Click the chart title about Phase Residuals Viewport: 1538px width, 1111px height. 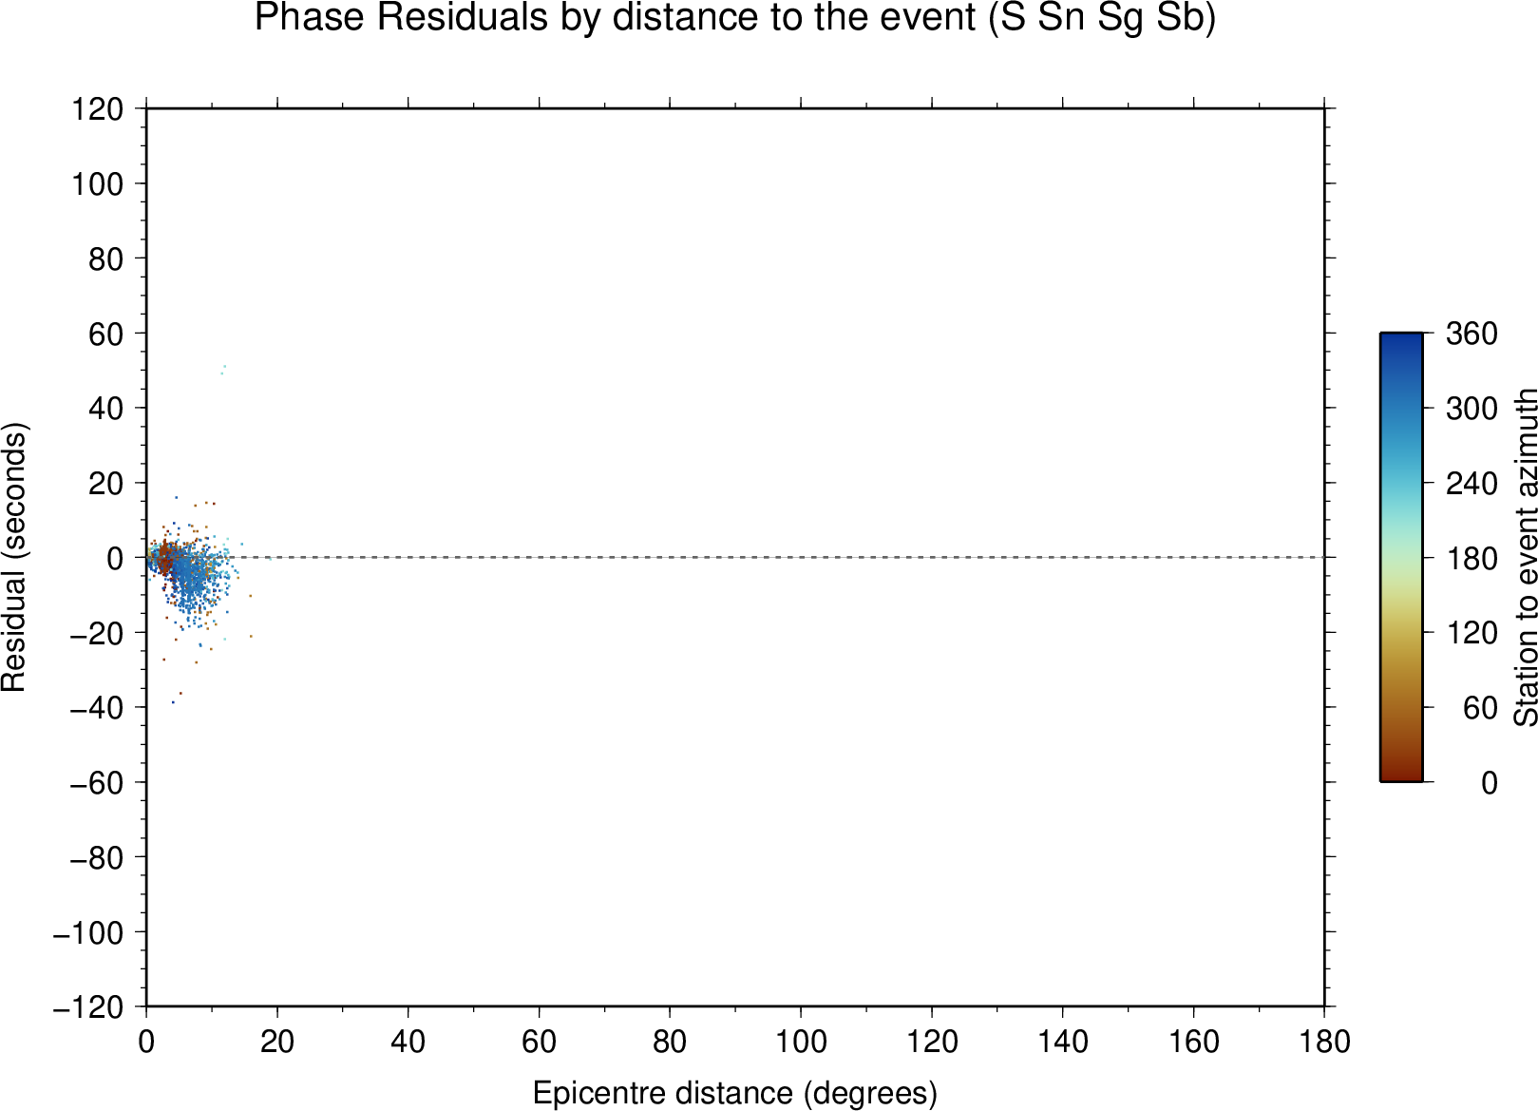click(734, 19)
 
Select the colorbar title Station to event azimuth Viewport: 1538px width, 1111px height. click(1525, 557)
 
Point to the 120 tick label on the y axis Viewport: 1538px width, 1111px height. click(98, 108)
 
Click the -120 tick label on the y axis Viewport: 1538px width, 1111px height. click(88, 1007)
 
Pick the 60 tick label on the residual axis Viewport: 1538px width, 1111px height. click(105, 334)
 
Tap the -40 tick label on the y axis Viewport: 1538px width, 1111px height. click(97, 708)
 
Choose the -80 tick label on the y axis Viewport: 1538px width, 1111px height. click(97, 857)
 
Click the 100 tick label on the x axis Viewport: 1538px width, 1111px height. click(801, 1042)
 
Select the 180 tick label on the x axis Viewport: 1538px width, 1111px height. click(1324, 1042)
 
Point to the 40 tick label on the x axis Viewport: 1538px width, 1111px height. click(408, 1042)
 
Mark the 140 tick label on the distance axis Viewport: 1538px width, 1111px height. click(1062, 1042)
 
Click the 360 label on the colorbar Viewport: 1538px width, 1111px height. click(1472, 334)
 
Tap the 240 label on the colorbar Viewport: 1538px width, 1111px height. click(1472, 484)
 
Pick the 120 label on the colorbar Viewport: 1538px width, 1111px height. click(1472, 633)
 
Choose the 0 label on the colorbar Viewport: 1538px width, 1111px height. click(1489, 782)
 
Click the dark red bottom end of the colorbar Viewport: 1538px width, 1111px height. click(1400, 777)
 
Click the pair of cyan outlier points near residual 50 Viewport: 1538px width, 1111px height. click(223, 370)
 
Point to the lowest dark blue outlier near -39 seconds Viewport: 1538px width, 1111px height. click(173, 702)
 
